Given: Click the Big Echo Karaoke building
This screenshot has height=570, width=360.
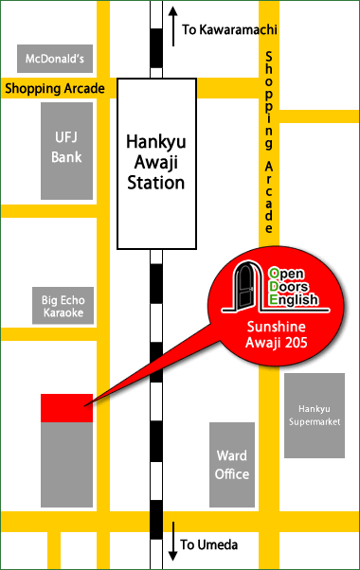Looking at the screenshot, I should click(x=63, y=305).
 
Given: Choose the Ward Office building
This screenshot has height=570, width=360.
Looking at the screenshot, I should click(x=231, y=464).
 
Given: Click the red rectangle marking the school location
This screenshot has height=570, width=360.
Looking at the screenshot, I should click(x=65, y=408).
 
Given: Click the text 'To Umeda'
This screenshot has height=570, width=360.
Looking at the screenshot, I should click(x=209, y=544).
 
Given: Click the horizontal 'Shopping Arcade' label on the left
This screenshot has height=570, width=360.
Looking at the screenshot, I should click(x=58, y=89).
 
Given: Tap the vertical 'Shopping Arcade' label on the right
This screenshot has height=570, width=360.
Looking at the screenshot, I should click(x=269, y=141).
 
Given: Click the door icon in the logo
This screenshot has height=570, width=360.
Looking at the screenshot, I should click(x=249, y=287).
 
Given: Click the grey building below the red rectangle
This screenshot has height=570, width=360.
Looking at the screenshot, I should click(x=66, y=464).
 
